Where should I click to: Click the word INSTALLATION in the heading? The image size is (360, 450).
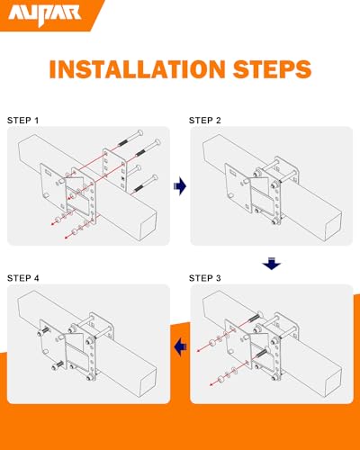[x=137, y=69]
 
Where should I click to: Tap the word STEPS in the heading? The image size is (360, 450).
[x=272, y=69]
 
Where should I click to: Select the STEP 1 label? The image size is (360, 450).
[x=22, y=121]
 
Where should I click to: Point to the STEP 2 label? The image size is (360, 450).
[x=205, y=121]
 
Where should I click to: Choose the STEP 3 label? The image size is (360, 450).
[x=205, y=278]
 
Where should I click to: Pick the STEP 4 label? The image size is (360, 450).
[x=23, y=278]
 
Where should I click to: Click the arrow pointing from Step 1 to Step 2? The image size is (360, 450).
[x=180, y=186]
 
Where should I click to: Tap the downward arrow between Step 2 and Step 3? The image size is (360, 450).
[x=272, y=263]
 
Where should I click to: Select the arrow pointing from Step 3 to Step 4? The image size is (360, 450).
[x=180, y=346]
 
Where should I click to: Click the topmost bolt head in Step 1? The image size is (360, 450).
[x=139, y=132]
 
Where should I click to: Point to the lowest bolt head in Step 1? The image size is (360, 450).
[x=155, y=178]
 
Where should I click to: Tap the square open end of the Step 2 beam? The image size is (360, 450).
[x=333, y=226]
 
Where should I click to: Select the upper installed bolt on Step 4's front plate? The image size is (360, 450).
[x=42, y=332]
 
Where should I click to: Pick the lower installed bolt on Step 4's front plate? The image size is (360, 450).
[x=58, y=365]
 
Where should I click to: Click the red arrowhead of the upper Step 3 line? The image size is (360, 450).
[x=198, y=351]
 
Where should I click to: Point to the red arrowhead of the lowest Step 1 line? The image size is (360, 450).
[x=67, y=238]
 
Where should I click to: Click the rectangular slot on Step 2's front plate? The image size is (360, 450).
[x=233, y=172]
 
